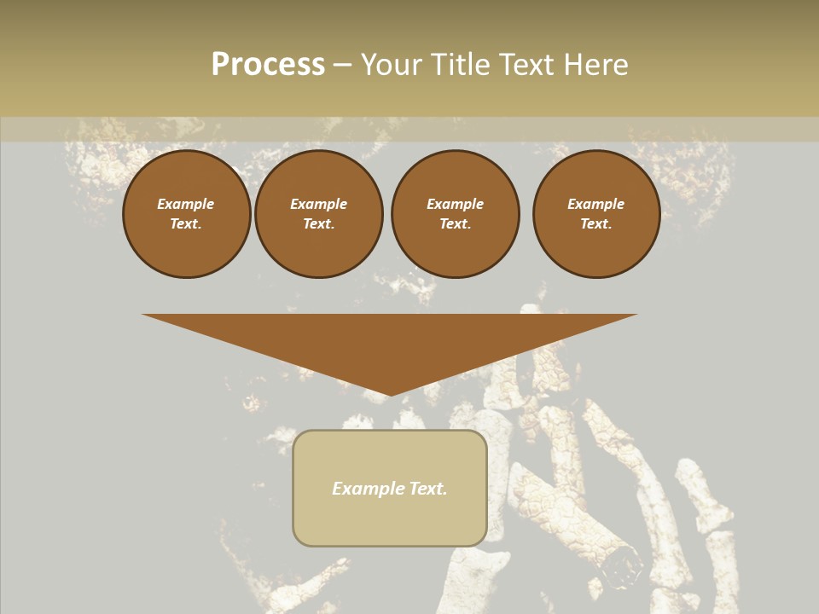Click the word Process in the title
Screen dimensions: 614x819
[268, 65]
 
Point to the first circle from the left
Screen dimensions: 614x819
[186, 214]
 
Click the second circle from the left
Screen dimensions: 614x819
[319, 214]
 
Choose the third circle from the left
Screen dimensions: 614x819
[455, 214]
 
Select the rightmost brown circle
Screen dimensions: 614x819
[596, 214]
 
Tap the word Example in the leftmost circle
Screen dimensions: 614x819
[186, 205]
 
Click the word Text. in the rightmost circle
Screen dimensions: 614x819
[596, 224]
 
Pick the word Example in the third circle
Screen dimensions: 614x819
[455, 205]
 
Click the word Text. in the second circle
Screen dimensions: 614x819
[319, 224]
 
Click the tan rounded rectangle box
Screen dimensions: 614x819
[390, 520]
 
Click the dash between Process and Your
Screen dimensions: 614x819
[342, 65]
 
